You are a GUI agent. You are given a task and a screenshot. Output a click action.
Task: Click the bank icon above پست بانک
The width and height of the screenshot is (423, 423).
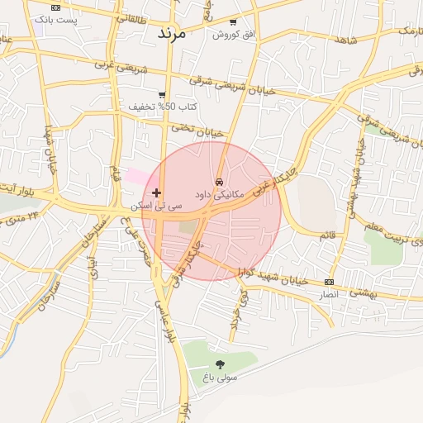(55, 7)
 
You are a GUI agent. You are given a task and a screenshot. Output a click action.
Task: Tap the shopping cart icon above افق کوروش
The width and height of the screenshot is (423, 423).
(233, 22)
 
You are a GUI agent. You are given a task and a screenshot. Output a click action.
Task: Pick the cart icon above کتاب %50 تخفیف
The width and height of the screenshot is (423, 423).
(162, 95)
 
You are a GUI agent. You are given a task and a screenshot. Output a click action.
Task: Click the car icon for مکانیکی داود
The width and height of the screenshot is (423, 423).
(219, 181)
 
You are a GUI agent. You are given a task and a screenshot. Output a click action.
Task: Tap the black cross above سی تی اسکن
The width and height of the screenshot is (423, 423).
(156, 192)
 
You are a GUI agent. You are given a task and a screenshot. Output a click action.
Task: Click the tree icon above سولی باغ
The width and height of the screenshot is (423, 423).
(220, 364)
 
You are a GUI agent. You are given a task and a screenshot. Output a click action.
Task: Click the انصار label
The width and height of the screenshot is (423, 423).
(330, 294)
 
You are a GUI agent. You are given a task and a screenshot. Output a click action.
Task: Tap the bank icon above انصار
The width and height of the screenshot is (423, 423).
(330, 283)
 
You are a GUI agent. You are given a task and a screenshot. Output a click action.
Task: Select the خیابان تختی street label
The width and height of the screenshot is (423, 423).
(197, 130)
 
